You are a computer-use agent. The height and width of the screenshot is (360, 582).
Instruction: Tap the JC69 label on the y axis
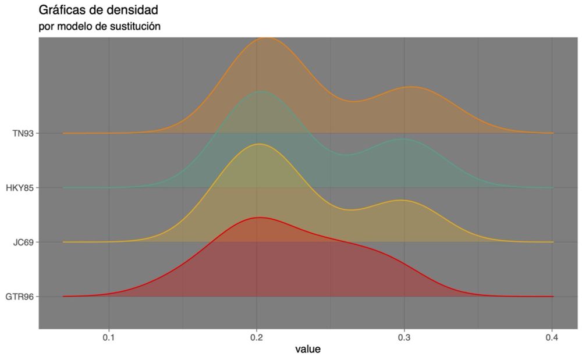(x=23, y=242)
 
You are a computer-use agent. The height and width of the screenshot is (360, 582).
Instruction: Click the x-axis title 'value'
(x=308, y=350)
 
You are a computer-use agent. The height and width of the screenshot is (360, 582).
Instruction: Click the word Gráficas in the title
(x=61, y=10)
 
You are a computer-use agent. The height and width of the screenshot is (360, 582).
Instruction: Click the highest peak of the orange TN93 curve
(x=267, y=38)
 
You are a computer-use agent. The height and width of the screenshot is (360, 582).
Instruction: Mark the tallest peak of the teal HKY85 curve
(x=261, y=91)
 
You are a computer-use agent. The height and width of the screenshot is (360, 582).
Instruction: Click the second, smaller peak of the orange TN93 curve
(x=411, y=87)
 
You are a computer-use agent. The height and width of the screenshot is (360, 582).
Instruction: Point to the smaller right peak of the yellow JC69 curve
(x=400, y=200)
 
